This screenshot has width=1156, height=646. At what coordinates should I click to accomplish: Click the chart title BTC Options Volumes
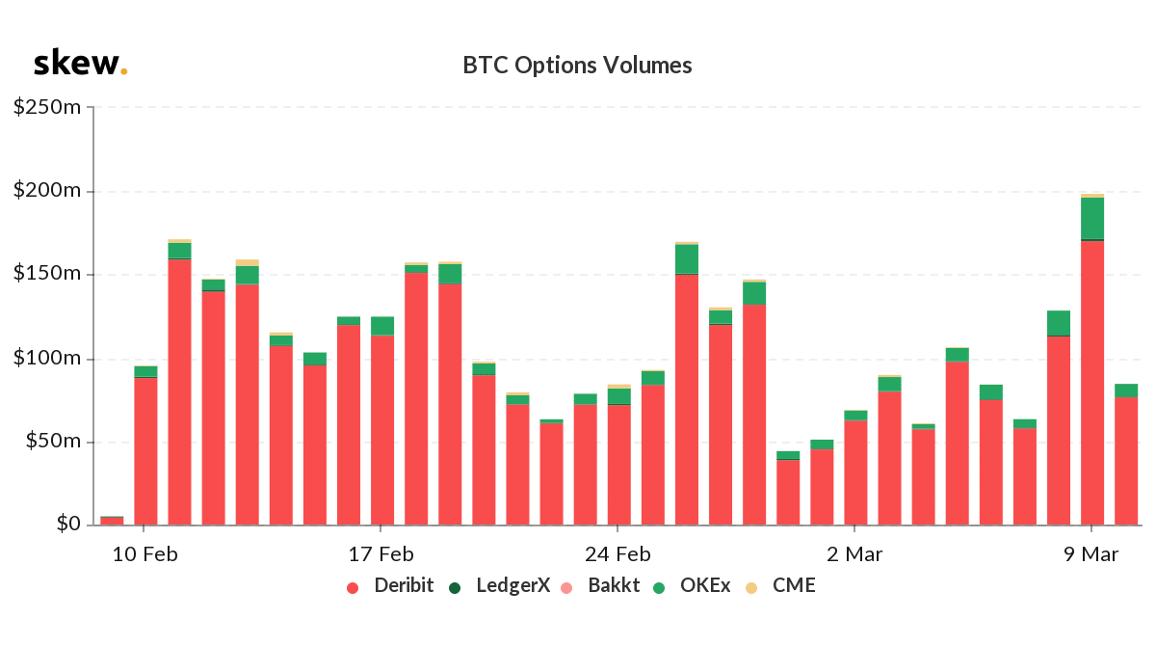tap(577, 66)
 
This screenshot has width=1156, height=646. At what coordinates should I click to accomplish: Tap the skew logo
tap(80, 65)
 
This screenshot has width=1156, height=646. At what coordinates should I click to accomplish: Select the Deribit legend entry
tap(390, 585)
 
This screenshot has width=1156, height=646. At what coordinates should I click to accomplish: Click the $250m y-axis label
tap(47, 107)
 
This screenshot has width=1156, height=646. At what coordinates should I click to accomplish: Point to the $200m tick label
tap(47, 191)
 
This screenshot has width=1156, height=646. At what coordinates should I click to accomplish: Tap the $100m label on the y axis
tap(47, 359)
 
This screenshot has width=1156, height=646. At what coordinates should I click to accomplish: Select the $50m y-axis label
tap(52, 443)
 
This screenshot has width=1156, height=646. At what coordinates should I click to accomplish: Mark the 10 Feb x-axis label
tap(144, 554)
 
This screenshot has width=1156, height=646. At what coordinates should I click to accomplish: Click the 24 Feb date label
tap(617, 554)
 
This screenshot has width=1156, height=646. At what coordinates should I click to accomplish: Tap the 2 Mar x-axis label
tap(854, 554)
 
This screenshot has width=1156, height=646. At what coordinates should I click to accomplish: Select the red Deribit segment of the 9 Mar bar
tap(1091, 386)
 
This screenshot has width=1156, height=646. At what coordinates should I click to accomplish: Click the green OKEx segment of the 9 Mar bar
tap(1091, 219)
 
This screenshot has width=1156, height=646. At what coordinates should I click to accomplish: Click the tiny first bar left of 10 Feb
tap(112, 521)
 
